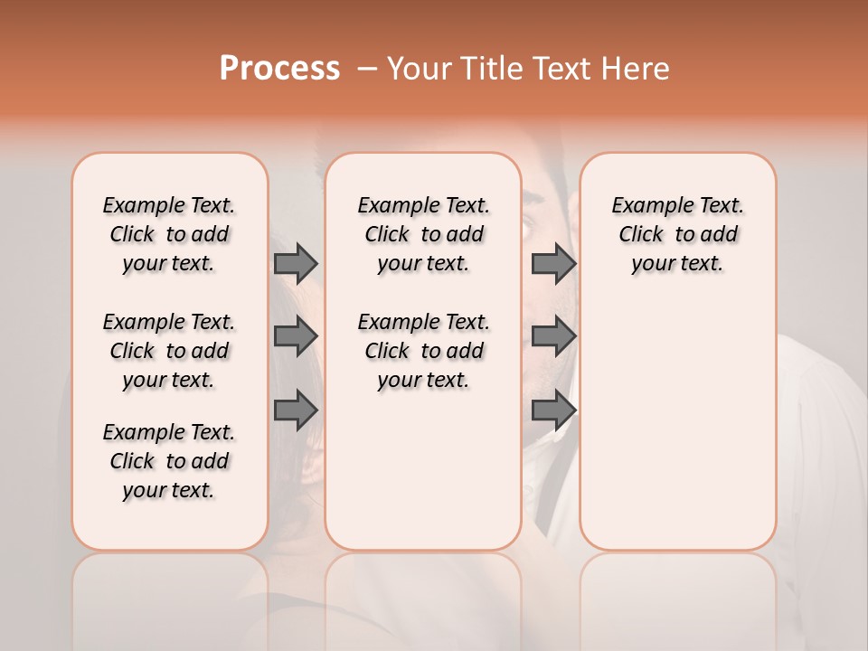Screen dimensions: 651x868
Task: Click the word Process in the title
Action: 279,68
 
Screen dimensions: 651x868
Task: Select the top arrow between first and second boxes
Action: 296,263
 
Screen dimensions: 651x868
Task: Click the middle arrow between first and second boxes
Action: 296,336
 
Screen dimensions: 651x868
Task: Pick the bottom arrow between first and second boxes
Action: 296,411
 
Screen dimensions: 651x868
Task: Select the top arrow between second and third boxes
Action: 553,263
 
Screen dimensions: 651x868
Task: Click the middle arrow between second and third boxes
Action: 553,336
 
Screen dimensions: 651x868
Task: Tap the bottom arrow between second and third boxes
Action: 553,411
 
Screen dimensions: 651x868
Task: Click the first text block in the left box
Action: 169,234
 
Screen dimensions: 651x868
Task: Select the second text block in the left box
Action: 169,351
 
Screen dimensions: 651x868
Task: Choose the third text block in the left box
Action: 169,461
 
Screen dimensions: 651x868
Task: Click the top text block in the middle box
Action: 423,234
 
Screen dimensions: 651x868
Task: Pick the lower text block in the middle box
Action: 423,351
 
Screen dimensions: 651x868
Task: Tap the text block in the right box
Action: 678,234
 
